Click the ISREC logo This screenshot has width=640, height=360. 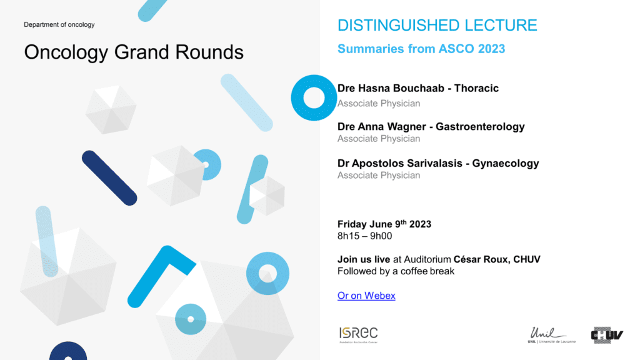358,335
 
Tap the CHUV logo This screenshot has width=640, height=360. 607,335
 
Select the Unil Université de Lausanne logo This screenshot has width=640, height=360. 551,335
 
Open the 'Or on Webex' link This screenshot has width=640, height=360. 366,296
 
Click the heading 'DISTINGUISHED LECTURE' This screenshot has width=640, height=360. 437,25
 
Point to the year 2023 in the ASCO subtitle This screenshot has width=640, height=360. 491,49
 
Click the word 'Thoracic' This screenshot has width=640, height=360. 476,88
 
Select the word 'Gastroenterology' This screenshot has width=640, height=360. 480,126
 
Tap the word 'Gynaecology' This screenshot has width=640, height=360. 505,163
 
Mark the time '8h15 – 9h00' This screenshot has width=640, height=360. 364,236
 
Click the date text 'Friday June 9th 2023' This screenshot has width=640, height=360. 384,224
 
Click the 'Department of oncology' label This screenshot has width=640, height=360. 59,24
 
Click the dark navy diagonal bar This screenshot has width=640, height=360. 109,178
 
